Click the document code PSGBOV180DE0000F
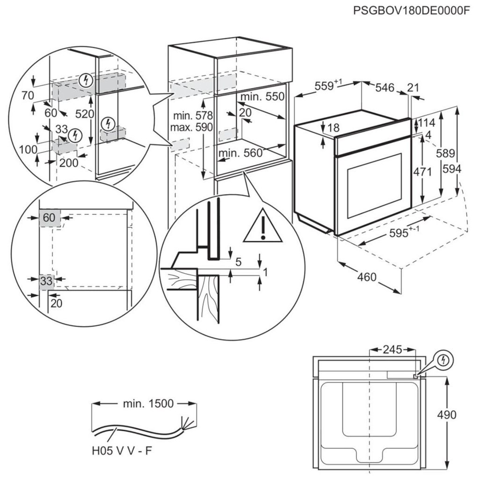(411, 11)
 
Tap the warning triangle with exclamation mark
(263, 226)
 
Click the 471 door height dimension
(422, 172)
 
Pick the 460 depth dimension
(367, 277)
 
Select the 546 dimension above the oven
(384, 87)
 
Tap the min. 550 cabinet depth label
(262, 97)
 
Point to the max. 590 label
(185, 127)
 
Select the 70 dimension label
(28, 95)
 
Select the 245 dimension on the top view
(392, 349)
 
